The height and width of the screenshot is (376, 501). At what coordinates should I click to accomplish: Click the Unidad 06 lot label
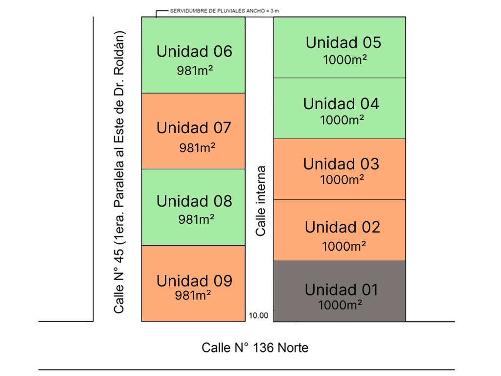(x=194, y=51)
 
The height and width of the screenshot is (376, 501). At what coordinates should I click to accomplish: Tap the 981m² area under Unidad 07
(x=197, y=148)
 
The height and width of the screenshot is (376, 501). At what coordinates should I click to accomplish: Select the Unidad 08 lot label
(x=194, y=201)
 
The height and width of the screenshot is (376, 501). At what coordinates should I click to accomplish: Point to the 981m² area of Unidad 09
(x=193, y=295)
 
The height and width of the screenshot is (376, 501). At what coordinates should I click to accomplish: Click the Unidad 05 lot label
(x=343, y=43)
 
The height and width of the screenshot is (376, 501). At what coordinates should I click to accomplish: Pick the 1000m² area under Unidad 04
(x=342, y=120)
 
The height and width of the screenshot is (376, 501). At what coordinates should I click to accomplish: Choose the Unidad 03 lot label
(x=341, y=164)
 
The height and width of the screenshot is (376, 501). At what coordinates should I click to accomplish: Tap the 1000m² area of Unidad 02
(x=344, y=246)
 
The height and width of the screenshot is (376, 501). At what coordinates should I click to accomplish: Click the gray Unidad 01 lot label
(x=341, y=290)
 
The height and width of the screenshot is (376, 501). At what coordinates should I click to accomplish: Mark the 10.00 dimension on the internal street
(x=258, y=316)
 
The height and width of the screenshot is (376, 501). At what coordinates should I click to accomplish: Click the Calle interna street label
(x=261, y=201)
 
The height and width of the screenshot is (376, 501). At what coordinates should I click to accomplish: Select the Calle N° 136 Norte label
(x=255, y=348)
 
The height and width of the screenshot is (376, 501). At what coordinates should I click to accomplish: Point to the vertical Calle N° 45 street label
(x=119, y=172)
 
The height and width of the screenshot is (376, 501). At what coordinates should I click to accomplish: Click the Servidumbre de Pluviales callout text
(x=224, y=11)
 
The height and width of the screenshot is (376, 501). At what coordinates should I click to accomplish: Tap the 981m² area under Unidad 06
(x=195, y=70)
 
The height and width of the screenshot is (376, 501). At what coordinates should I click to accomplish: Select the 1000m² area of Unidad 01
(x=340, y=305)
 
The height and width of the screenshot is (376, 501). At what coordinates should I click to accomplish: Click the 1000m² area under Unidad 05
(x=345, y=60)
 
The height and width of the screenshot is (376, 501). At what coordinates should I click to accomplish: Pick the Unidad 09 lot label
(x=194, y=281)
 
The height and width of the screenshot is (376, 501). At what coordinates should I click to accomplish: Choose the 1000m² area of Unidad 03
(x=342, y=180)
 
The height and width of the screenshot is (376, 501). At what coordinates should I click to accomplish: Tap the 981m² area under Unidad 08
(x=196, y=219)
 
